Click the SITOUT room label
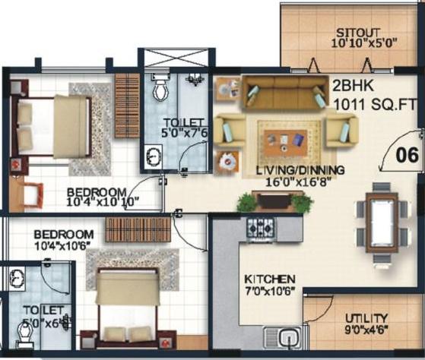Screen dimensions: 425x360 [x=357, y=33]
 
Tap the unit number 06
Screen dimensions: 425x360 [x=407, y=156]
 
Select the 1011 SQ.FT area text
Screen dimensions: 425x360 [x=374, y=104]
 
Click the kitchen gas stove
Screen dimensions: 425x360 [x=261, y=229]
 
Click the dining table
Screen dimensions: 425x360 [x=382, y=223]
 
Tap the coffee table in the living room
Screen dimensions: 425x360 [x=286, y=142]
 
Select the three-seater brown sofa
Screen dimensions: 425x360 [x=285, y=93]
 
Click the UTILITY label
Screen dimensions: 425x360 [x=366, y=318]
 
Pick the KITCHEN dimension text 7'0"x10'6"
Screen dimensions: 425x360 [x=270, y=291]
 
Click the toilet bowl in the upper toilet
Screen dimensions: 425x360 [x=161, y=89]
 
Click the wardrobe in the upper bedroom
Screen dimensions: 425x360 [x=127, y=106]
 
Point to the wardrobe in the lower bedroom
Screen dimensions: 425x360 [x=138, y=230]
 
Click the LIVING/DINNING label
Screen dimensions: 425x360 [x=300, y=170]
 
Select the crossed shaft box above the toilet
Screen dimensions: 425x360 [x=176, y=58]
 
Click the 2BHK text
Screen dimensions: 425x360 [x=353, y=86]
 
